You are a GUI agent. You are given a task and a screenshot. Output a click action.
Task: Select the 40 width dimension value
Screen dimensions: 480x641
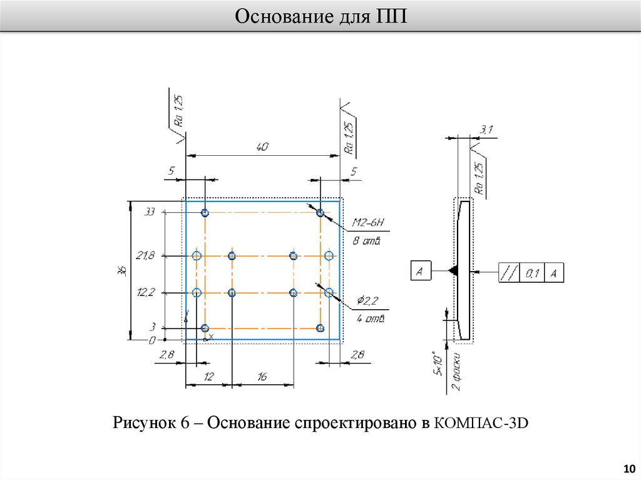pos(262,148)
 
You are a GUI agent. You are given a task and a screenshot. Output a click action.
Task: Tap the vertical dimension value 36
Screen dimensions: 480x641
pos(123,270)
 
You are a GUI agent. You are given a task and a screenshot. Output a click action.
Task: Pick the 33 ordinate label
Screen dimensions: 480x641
pos(149,212)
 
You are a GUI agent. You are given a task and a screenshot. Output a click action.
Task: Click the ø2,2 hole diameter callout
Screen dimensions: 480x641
pos(367,302)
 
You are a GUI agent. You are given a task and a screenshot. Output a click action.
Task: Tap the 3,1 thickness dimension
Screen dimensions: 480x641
pos(486,130)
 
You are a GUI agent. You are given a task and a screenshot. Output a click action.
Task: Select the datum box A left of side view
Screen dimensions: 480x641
pos(419,271)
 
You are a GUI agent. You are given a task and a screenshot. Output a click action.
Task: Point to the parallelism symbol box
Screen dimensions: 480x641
pos(508,272)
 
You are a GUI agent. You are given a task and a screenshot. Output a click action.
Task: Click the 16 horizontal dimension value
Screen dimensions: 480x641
pos(262,377)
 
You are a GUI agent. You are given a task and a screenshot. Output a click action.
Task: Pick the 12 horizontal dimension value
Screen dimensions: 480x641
pos(208,377)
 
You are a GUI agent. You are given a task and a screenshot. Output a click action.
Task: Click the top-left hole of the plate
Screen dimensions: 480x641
pos(205,213)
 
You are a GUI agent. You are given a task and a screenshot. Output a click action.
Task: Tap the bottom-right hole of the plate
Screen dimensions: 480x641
pos(320,328)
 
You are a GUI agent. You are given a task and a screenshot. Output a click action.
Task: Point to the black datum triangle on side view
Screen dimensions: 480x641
pos(454,271)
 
